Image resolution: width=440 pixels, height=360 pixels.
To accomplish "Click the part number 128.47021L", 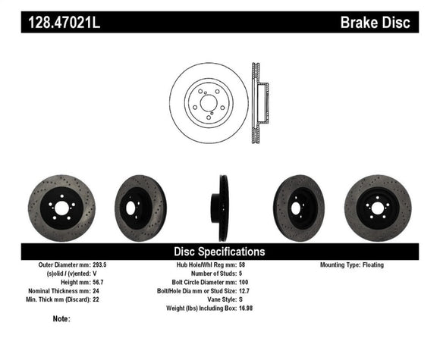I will pos(64,23).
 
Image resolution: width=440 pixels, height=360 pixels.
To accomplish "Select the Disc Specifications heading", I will pos(220,251).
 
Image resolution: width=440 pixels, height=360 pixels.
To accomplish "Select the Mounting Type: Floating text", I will pos(351,265).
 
